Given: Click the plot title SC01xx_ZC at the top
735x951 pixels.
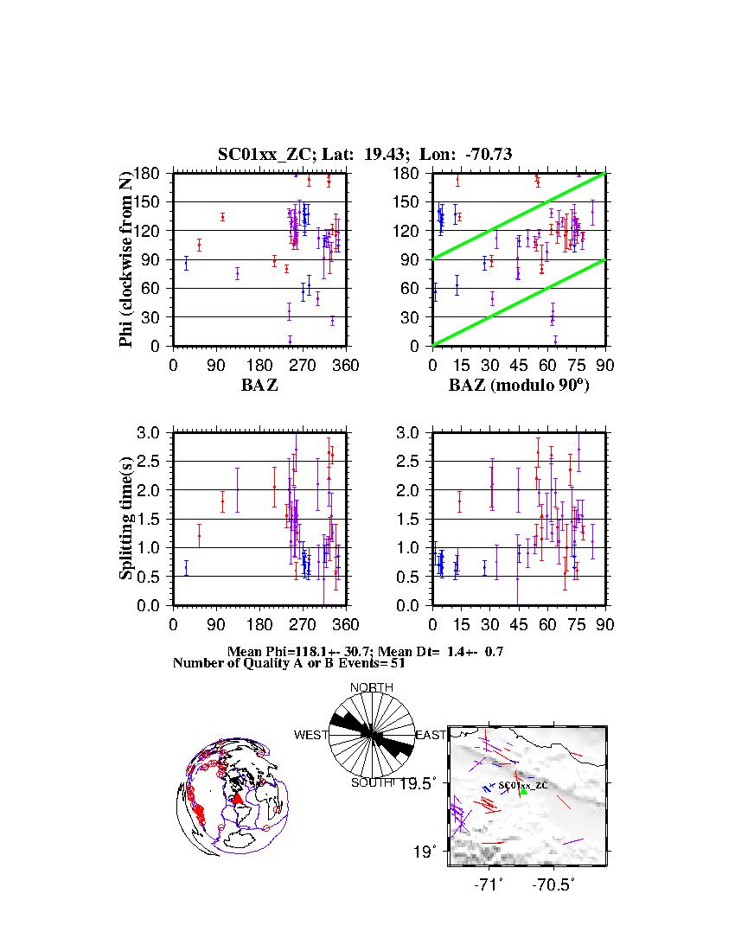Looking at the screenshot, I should coord(365,155).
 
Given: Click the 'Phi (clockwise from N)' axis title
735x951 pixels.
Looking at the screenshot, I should coord(126,258).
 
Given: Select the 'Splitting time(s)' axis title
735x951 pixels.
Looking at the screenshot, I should coord(126,519).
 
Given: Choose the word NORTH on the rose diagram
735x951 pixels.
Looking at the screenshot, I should coord(372,687).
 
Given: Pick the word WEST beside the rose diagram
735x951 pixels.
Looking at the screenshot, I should coord(310,735).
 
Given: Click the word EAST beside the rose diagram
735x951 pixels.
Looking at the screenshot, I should coord(431,735).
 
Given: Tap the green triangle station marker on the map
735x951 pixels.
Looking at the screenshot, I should coord(523,791).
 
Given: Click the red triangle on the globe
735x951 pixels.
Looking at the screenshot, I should coord(238,798).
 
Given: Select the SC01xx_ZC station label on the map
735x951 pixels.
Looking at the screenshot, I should coord(523,784).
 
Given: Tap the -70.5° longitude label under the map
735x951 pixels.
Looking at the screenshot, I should coord(554,885).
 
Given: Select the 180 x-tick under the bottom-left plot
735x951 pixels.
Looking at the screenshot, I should coord(260,624).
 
